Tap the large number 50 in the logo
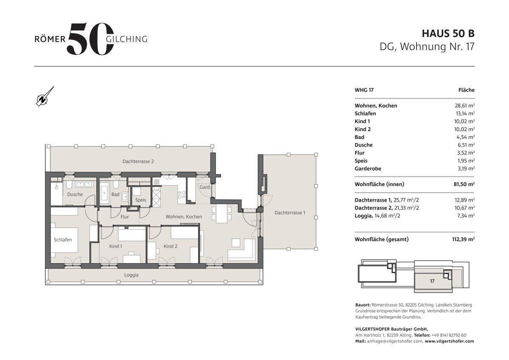point(90,39)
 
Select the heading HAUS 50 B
point(448,34)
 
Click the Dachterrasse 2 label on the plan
point(138,161)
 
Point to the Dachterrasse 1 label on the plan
point(290,213)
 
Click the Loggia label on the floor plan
point(131,275)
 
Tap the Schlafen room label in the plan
point(63,240)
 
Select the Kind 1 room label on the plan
point(115,246)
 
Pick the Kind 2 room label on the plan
point(171,246)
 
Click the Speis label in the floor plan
point(140,200)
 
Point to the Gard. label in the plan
point(205,187)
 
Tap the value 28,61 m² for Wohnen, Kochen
point(464,106)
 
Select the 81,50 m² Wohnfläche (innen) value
point(464,184)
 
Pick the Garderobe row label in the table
point(368,169)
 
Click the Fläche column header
point(467,90)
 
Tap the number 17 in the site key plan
point(432,281)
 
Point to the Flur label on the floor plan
point(125,217)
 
